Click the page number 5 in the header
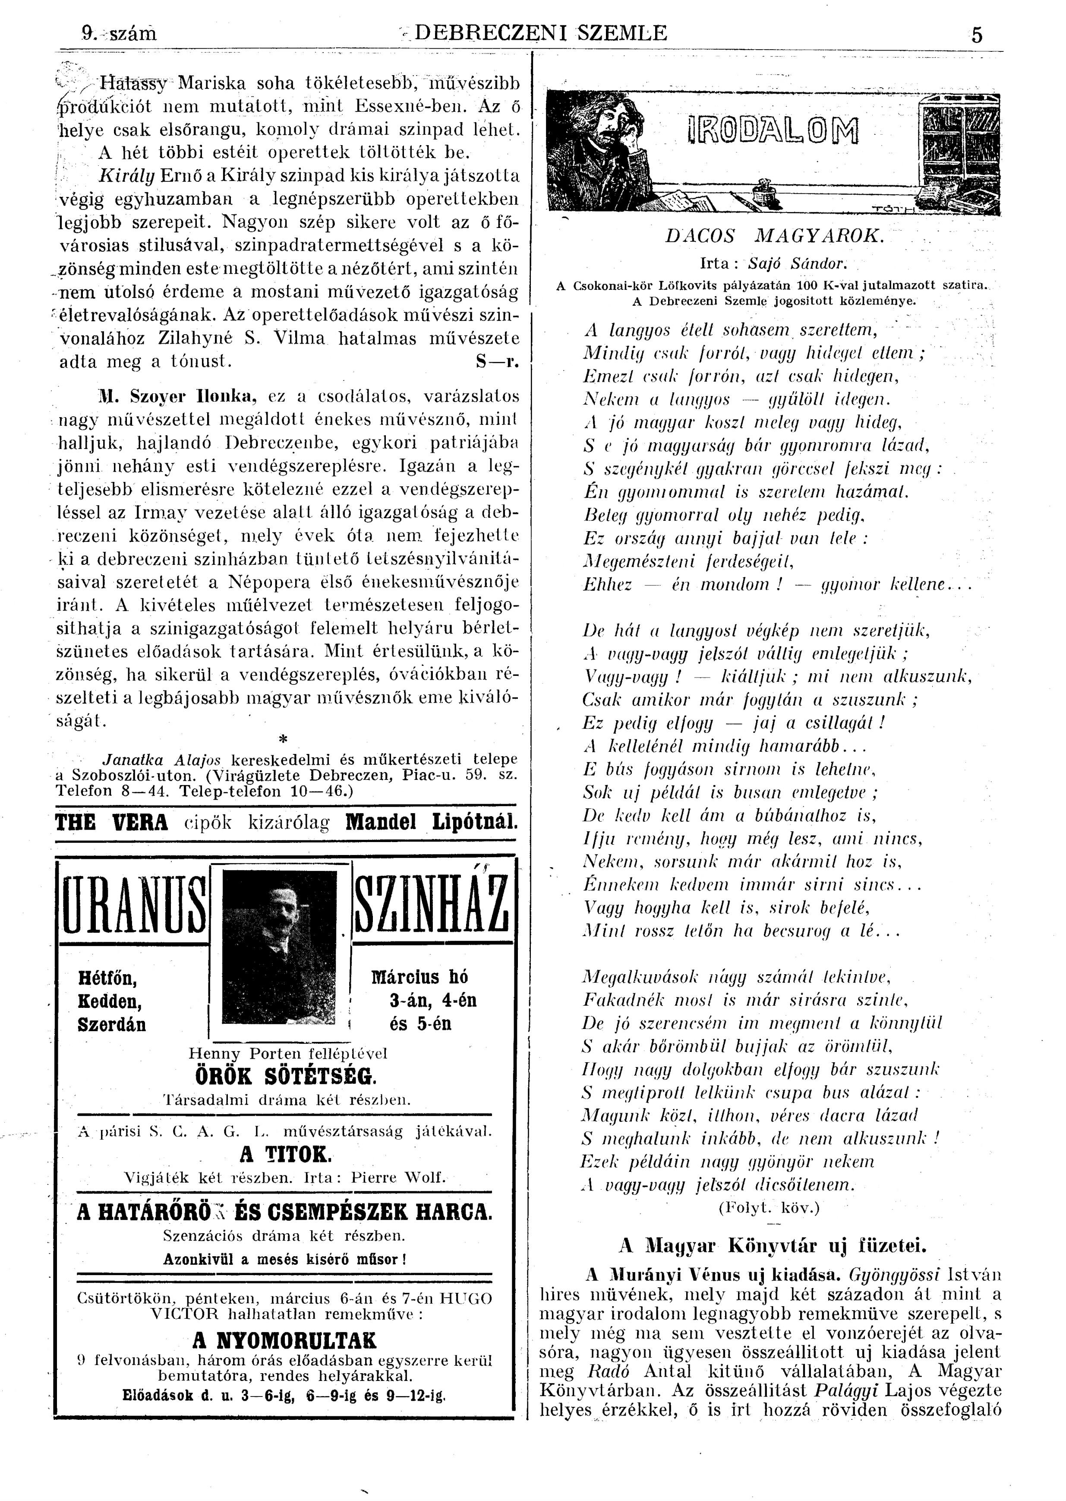[977, 34]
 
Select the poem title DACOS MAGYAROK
[775, 236]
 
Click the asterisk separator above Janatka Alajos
[284, 739]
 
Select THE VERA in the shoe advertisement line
[112, 822]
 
